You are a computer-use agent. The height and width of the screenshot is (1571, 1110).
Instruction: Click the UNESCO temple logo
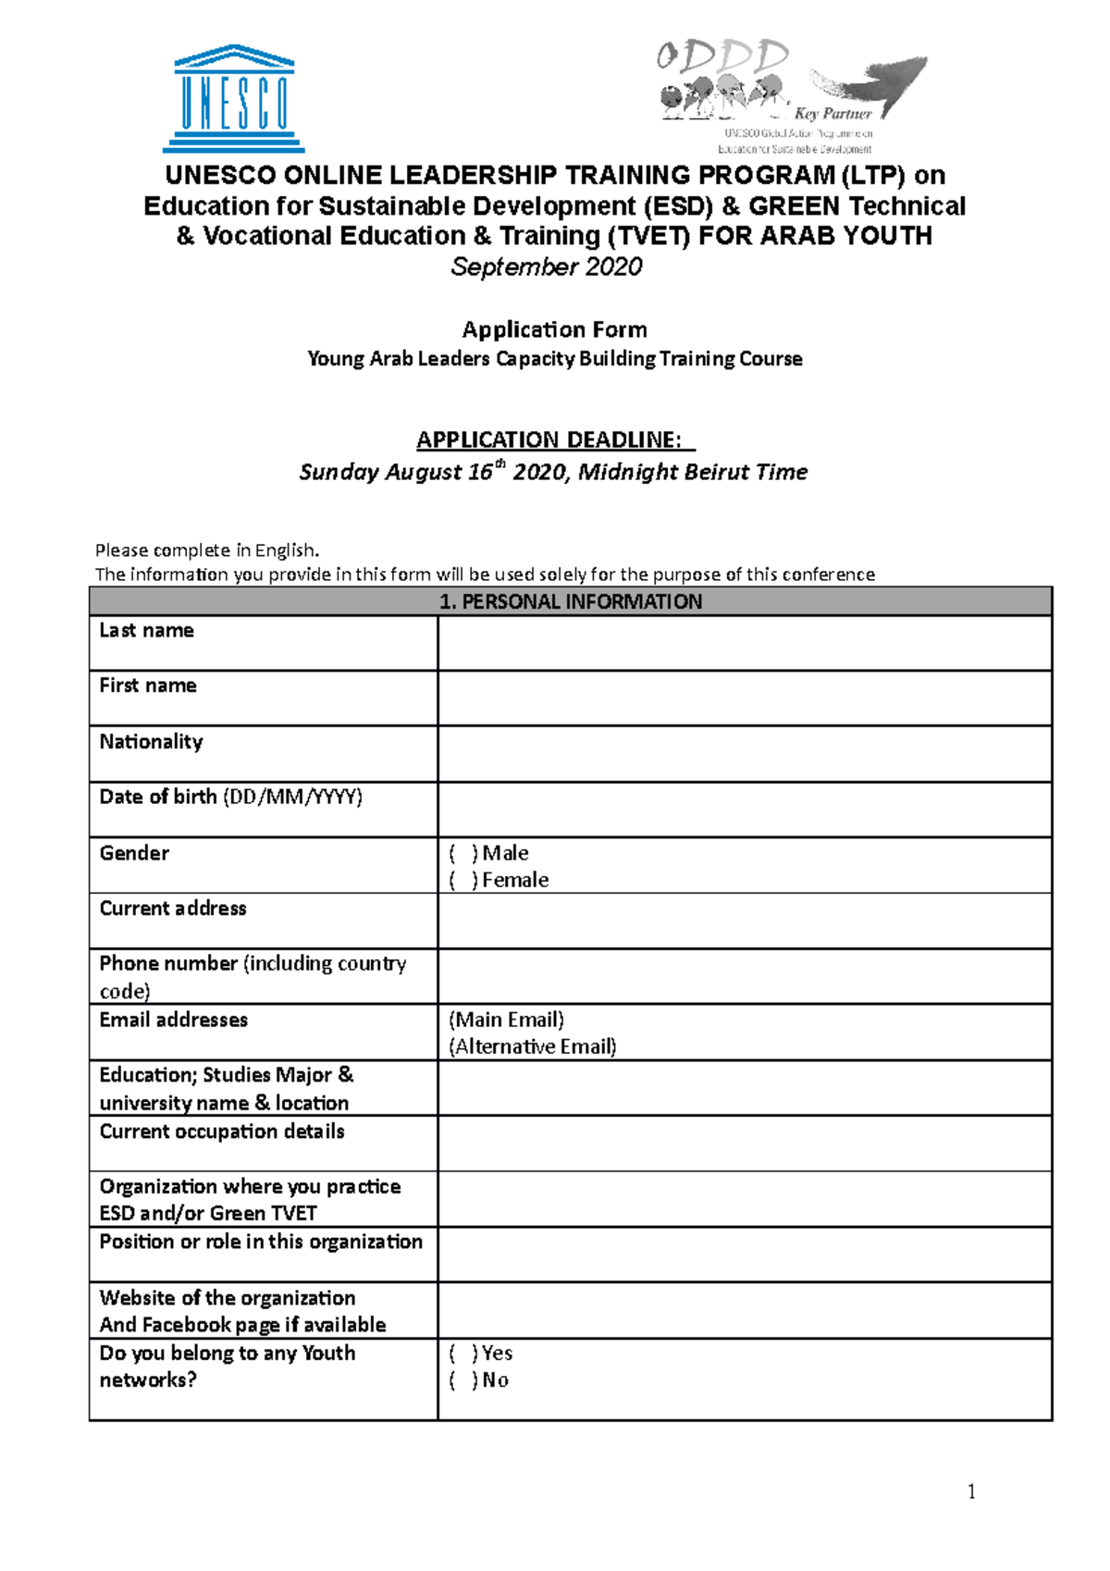coord(234,98)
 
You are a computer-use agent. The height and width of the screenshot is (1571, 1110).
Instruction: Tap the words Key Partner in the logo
coord(832,114)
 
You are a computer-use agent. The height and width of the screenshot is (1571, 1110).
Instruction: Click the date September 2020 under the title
coord(546,266)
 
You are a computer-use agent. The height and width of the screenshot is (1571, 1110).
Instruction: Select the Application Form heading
coord(554,329)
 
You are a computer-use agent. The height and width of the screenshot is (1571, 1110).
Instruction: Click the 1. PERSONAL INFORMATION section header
coord(570,601)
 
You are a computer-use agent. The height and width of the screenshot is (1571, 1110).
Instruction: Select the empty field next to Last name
coord(744,643)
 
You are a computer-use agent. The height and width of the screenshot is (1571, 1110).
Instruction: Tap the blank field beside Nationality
coord(744,754)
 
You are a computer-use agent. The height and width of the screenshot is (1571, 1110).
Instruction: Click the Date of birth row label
coord(230,797)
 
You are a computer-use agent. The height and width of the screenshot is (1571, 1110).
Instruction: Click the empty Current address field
coord(744,921)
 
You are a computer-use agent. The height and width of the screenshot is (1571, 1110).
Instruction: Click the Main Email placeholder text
coord(506,1020)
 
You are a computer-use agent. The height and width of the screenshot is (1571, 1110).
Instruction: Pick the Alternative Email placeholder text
coord(533,1046)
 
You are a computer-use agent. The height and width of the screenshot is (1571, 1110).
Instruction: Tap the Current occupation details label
coord(222,1132)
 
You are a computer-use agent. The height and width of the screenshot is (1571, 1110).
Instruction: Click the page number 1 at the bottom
coord(971,1491)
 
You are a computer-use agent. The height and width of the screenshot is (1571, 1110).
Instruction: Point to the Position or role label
coord(261,1242)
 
